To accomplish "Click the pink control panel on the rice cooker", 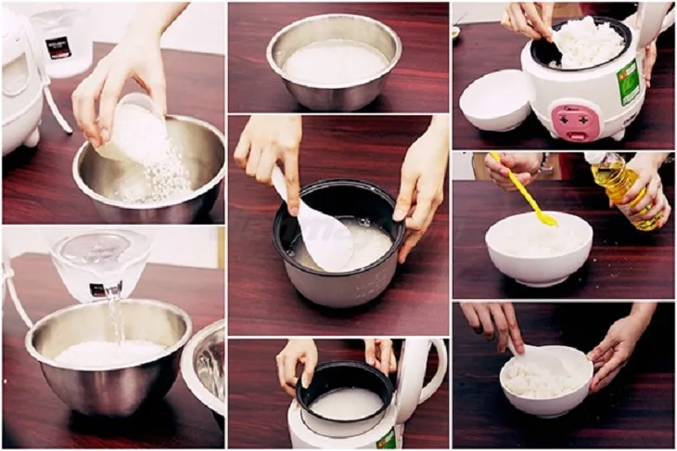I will pyautogui.click(x=571, y=122).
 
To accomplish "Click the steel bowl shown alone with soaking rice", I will pyautogui.click(x=334, y=61).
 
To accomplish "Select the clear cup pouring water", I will pyautogui.click(x=100, y=263).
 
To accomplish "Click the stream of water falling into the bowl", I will pyautogui.click(x=114, y=316).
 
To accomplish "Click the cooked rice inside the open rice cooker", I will pyautogui.click(x=586, y=42).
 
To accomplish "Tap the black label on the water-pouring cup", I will pyautogui.click(x=101, y=289).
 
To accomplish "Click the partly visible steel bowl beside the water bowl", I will pyautogui.click(x=206, y=367).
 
